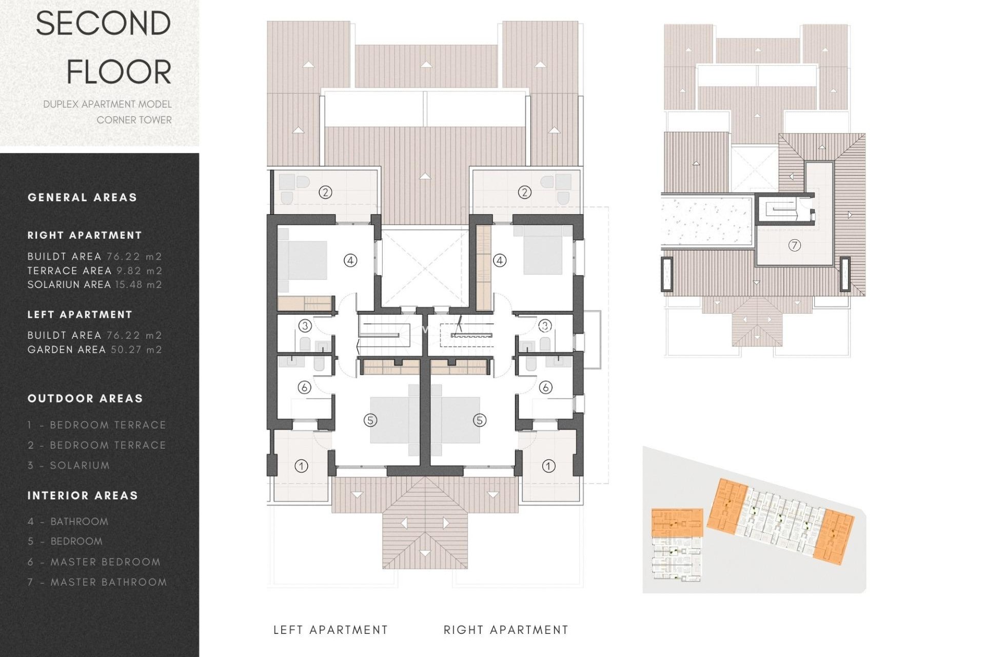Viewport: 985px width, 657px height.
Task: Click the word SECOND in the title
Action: (x=103, y=24)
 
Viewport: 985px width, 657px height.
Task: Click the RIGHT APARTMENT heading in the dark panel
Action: (x=85, y=235)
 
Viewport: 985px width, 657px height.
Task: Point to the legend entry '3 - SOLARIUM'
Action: (x=69, y=466)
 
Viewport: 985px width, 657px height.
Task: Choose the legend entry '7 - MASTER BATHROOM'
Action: (x=97, y=582)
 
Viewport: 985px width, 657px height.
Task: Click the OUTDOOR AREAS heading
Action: (x=85, y=398)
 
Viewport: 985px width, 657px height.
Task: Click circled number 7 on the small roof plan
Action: (x=794, y=245)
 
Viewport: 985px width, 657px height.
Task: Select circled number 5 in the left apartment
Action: (x=370, y=420)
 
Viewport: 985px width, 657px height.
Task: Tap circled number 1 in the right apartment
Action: (x=548, y=466)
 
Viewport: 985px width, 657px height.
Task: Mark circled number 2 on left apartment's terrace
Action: (x=325, y=192)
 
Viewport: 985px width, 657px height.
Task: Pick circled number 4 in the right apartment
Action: (x=500, y=261)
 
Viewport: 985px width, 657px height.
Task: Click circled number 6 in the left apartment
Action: (x=304, y=388)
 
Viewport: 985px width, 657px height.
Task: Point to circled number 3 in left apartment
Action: (x=305, y=326)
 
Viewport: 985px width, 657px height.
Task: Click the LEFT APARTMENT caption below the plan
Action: (x=330, y=630)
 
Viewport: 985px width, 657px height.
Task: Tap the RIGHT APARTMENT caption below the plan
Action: (x=506, y=630)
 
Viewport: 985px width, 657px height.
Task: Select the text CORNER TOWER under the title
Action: (x=134, y=120)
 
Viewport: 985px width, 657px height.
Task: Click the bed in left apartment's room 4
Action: (x=303, y=260)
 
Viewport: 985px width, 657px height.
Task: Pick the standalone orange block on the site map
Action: (x=677, y=523)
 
